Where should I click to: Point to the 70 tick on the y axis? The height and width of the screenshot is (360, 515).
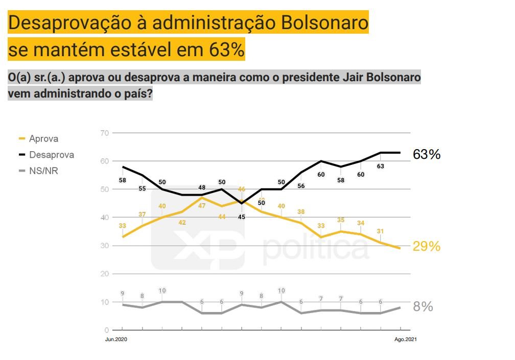click(105, 133)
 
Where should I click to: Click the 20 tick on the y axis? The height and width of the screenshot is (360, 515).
click(105, 274)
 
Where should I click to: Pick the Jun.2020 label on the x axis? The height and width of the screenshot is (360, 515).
click(115, 340)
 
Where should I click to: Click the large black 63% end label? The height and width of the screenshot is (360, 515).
click(427, 155)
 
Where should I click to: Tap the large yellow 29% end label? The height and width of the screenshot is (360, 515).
click(427, 247)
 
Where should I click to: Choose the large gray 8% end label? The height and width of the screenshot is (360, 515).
click(423, 307)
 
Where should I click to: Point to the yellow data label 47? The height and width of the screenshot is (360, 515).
click(202, 206)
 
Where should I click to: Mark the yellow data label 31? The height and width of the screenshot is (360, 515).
click(381, 231)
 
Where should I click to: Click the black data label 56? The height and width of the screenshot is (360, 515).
click(301, 186)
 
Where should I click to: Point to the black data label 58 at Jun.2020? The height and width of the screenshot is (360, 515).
click(123, 180)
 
